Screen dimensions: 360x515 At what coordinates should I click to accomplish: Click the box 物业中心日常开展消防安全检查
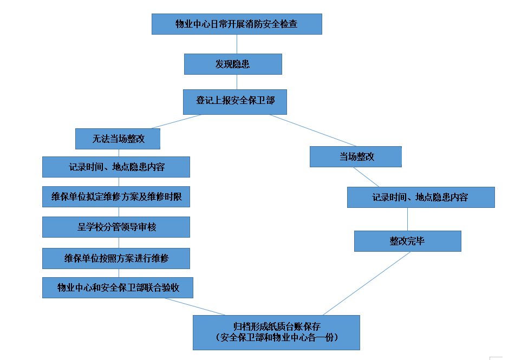(237, 24)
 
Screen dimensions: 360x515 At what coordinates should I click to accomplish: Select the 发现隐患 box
(233, 64)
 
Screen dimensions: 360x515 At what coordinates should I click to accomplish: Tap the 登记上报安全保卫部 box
(234, 101)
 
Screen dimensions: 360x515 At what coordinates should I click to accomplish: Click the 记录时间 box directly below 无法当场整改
(116, 167)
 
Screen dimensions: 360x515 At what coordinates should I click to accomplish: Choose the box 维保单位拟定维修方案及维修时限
(116, 197)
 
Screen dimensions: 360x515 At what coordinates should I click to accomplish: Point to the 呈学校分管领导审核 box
(116, 227)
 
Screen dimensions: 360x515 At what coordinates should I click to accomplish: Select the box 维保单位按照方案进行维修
(116, 258)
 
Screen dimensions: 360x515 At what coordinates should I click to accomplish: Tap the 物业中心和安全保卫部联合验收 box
(118, 287)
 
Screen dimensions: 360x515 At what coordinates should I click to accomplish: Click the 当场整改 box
(356, 156)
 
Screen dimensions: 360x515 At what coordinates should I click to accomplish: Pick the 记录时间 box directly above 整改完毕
(421, 197)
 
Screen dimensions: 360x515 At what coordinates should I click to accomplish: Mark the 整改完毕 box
(407, 241)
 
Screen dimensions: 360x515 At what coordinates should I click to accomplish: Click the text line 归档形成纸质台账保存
(276, 326)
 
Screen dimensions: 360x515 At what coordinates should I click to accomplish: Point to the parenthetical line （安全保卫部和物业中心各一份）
(276, 338)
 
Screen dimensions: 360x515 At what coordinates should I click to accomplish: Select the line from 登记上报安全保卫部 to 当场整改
(312, 130)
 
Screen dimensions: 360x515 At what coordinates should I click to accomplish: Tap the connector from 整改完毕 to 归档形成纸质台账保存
(367, 283)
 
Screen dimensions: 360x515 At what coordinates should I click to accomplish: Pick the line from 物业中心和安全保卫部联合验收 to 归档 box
(195, 306)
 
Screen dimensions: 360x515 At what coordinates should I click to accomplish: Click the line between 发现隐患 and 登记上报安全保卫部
(237, 82)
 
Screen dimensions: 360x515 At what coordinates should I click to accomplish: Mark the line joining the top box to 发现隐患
(237, 44)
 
